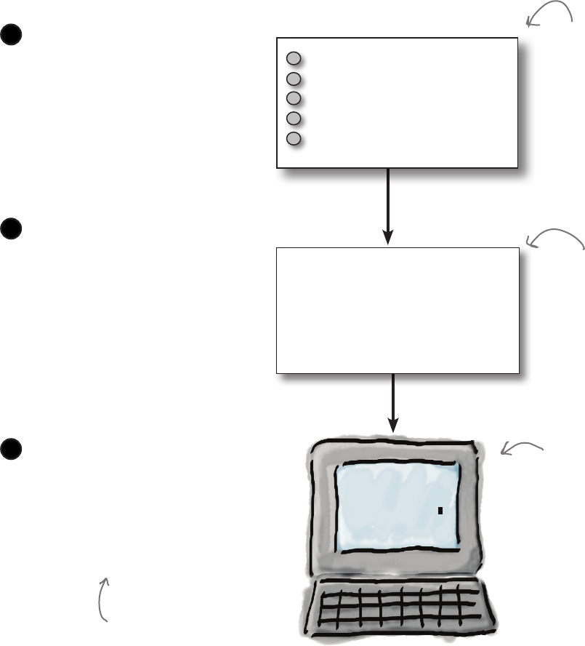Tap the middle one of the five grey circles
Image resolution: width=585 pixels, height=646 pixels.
294,98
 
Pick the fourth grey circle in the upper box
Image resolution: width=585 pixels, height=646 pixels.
294,118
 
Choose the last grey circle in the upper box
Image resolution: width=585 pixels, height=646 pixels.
294,138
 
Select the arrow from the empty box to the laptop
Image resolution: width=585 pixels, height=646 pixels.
393,404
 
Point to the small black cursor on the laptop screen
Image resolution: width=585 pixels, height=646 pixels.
440,511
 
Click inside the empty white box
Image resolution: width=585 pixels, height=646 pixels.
398,310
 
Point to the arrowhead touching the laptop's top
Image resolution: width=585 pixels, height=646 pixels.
393,426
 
